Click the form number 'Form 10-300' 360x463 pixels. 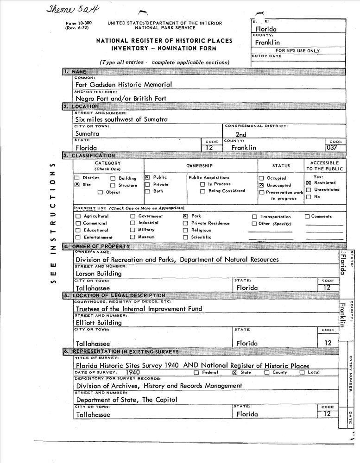(79, 23)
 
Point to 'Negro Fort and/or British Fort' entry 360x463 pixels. (120, 99)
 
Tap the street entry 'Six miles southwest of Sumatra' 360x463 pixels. (121, 119)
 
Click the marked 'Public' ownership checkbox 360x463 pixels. (147, 177)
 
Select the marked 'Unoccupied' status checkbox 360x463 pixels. (262, 185)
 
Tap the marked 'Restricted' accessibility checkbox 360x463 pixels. (309, 183)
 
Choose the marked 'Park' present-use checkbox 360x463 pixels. (185, 216)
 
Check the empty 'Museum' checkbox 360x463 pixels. (133, 237)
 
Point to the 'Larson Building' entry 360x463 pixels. (99, 273)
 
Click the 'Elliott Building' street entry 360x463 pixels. (99, 323)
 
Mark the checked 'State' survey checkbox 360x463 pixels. (234, 372)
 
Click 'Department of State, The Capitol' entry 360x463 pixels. (126, 400)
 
